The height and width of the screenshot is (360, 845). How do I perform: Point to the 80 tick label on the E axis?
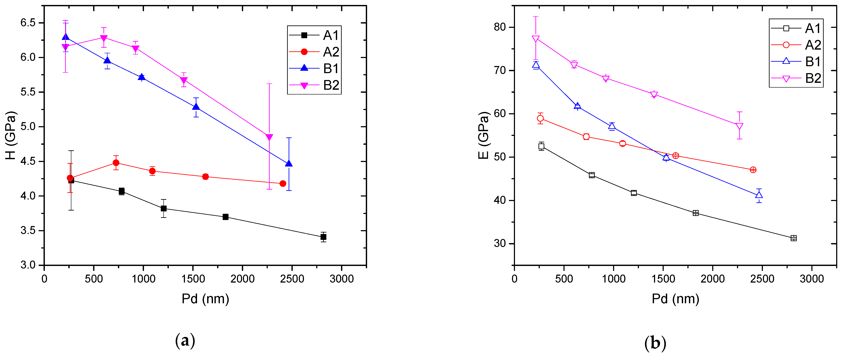click(500, 27)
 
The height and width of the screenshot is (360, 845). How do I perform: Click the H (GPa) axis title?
click(11, 135)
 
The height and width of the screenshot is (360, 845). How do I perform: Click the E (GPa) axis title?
click(483, 135)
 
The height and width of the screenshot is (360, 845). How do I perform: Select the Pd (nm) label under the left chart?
click(205, 299)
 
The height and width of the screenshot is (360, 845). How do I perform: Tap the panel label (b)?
click(655, 343)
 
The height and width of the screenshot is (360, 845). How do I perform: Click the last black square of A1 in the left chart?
click(323, 237)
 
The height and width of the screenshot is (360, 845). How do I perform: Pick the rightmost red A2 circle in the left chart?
click(283, 183)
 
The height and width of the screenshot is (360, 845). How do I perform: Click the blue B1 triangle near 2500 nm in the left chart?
click(289, 163)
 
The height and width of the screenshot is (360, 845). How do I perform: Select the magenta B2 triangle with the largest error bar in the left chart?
click(269, 137)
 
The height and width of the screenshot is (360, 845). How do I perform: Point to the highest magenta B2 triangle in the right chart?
click(536, 39)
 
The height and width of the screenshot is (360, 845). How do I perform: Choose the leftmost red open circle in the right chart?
click(540, 118)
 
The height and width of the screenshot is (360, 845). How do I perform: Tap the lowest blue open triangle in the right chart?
click(759, 195)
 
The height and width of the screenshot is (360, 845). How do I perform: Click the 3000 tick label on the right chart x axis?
click(812, 279)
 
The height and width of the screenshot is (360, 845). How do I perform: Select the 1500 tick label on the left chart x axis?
click(193, 279)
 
